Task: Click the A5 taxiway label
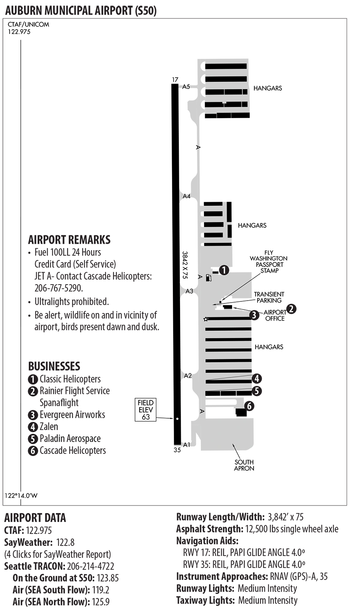tap(186, 86)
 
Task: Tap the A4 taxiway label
tap(187, 196)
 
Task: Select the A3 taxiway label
tap(189, 291)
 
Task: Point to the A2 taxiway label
tap(188, 376)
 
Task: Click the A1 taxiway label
tap(186, 445)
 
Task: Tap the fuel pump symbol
tap(208, 277)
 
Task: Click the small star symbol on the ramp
tap(206, 319)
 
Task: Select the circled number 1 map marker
tap(224, 270)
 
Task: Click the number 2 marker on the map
tap(291, 309)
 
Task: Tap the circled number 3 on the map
tap(254, 315)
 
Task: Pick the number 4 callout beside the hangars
tap(257, 378)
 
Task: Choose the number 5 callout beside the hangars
tap(257, 391)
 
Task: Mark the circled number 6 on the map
tap(249, 406)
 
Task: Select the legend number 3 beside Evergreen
tap(33, 415)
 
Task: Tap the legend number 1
tap(33, 379)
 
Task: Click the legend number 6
tap(33, 451)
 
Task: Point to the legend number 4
tap(33, 427)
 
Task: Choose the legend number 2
tap(33, 391)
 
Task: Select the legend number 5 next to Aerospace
tap(33, 439)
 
